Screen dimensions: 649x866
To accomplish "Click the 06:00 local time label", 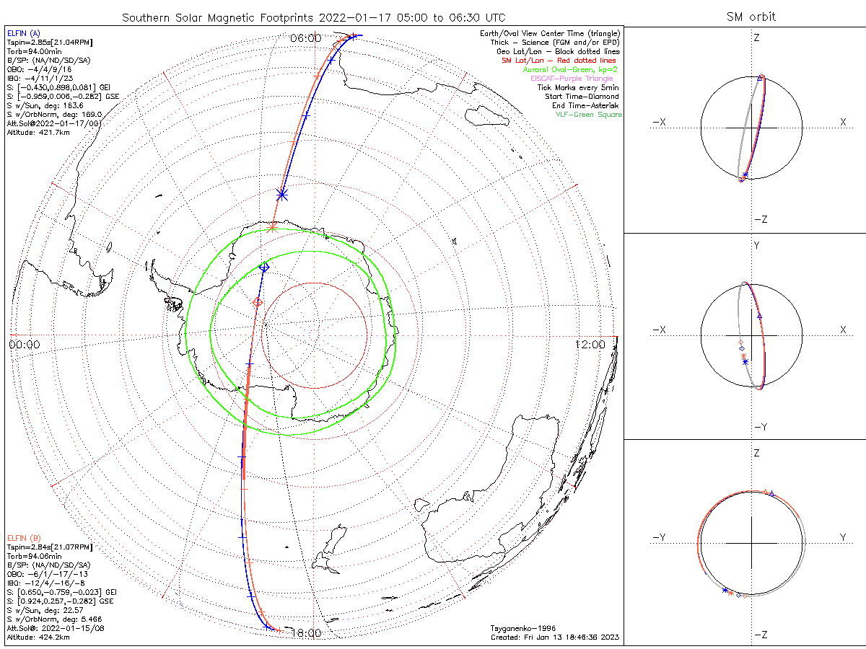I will click(305, 37).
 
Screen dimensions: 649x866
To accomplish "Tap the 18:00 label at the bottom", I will click(305, 633).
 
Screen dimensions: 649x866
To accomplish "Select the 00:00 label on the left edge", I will click(25, 345).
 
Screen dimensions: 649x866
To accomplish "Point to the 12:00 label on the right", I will click(590, 345).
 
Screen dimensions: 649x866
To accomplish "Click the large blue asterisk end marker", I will click(282, 194).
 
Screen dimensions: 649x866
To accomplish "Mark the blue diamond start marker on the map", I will click(264, 268).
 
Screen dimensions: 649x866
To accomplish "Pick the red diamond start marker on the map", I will click(258, 302).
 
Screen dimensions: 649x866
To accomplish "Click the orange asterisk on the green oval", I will click(272, 228).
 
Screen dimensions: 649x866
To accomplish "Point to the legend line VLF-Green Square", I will click(587, 115).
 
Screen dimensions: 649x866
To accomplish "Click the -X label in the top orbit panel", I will click(658, 123).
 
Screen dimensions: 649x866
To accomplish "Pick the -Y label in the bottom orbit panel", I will click(658, 537).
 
